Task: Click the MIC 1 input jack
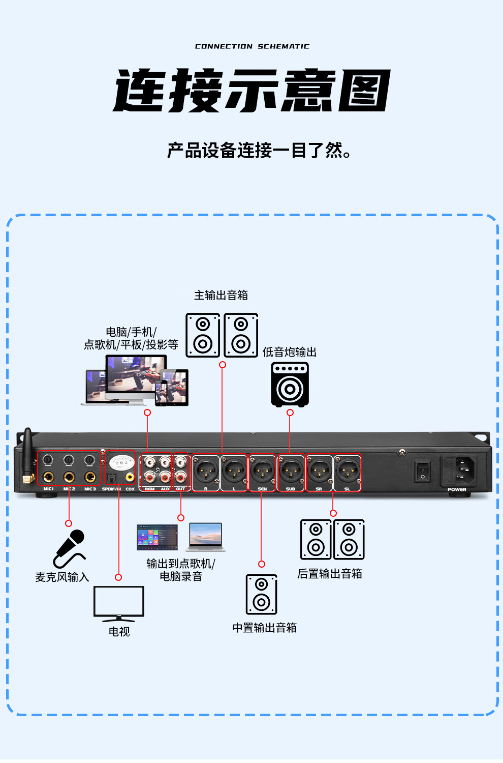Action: click(48, 477)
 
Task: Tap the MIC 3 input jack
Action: click(90, 477)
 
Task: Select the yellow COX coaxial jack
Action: click(130, 477)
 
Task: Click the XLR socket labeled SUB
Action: click(291, 471)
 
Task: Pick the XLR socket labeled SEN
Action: click(262, 471)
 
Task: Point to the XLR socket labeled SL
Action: click(348, 471)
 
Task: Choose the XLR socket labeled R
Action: click(206, 471)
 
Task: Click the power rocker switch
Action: click(422, 472)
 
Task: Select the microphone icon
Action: click(69, 547)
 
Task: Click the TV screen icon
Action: click(119, 603)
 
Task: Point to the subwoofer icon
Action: click(290, 385)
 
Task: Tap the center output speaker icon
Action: click(262, 594)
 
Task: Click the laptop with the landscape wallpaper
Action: click(205, 537)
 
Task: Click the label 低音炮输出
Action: click(290, 352)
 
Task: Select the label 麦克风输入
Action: click(62, 577)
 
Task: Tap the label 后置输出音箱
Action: click(330, 574)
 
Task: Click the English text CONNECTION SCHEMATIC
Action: click(252, 46)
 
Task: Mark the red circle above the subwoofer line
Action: click(290, 413)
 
